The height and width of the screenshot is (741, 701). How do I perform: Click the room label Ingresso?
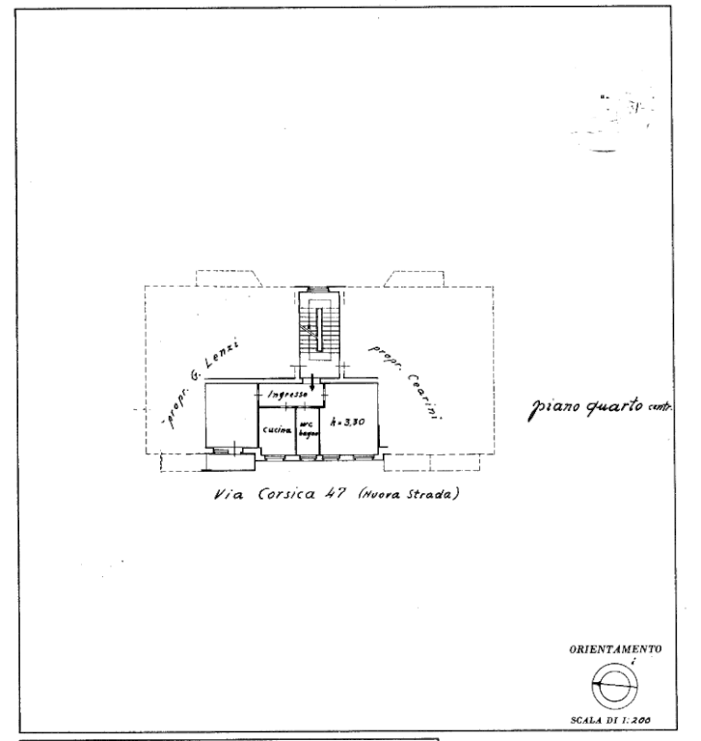[x=287, y=396]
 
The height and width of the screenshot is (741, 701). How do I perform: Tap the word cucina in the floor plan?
[x=276, y=429]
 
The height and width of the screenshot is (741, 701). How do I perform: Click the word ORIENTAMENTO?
[x=615, y=649]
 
